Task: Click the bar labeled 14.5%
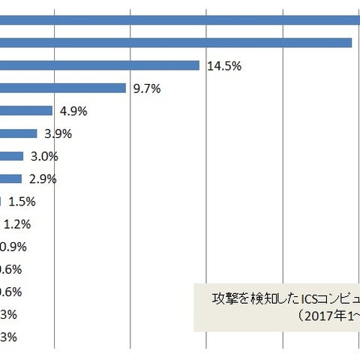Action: click(x=99, y=66)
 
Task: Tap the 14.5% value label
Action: click(x=223, y=66)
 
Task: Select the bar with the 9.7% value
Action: click(x=63, y=88)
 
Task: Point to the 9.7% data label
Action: click(x=145, y=88)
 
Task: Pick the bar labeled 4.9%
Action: click(x=26, y=111)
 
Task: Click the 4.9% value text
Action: click(x=73, y=111)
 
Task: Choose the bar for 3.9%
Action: click(x=19, y=133)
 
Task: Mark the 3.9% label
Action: click(x=58, y=133)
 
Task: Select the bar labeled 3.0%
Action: click(x=10, y=156)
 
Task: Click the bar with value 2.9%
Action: click(x=10, y=178)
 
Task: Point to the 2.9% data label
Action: click(x=43, y=178)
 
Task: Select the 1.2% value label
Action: click(x=17, y=223)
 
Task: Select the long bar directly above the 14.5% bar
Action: click(x=176, y=43)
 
